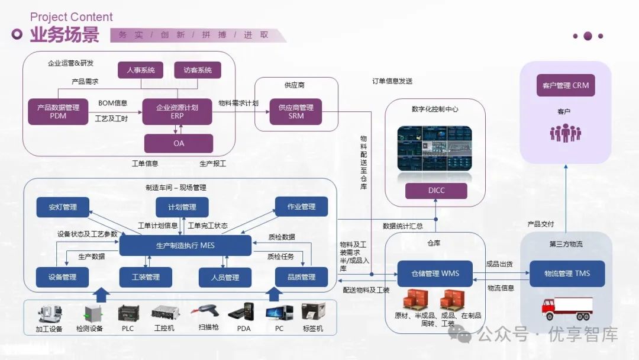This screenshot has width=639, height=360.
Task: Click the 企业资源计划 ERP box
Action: tap(177, 112)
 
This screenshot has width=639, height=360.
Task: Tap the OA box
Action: tap(179, 143)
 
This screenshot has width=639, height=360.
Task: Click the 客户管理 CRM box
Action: tap(566, 85)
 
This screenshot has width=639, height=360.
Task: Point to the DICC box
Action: tap(435, 191)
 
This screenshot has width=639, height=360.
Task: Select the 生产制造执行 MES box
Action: tap(185, 245)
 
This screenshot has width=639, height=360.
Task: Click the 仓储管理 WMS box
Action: tap(435, 274)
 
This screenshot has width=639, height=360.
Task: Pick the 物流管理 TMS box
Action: tap(567, 274)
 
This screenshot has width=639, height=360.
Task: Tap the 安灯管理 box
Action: tap(63, 207)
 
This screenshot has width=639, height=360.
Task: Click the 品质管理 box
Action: tap(301, 277)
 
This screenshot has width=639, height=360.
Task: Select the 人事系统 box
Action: tap(141, 70)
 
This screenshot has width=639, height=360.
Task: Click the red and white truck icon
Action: tap(567, 307)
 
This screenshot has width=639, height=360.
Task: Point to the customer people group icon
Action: tap(565, 133)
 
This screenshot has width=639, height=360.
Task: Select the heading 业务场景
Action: tap(65, 35)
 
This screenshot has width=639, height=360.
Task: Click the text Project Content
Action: tap(71, 17)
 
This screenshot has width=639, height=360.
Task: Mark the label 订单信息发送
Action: tap(392, 81)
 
